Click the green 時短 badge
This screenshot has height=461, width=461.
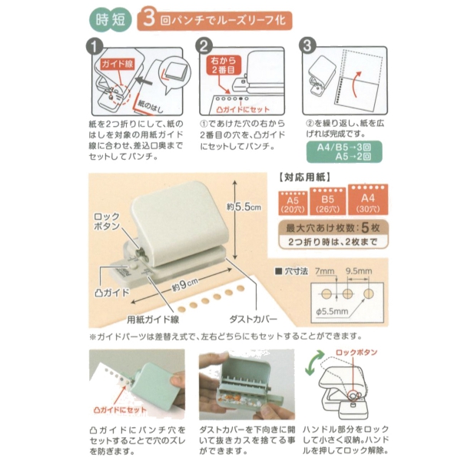(110, 20)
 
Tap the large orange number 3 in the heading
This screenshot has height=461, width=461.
(149, 18)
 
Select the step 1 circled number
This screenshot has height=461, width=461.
(95, 47)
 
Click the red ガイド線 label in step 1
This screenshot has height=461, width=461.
(118, 64)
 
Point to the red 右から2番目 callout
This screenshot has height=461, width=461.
(224, 65)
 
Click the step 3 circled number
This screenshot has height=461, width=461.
(307, 46)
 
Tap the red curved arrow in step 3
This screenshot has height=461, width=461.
(355, 85)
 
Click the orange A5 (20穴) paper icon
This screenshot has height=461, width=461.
(293, 203)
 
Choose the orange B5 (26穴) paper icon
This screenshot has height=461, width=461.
(327, 201)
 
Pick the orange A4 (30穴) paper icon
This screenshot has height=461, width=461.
(368, 200)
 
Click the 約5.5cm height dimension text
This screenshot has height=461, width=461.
(244, 207)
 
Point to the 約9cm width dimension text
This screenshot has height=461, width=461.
(185, 284)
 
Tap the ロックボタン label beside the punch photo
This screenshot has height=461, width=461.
(107, 221)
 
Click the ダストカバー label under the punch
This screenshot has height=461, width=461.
(254, 319)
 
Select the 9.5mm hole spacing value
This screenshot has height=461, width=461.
(359, 270)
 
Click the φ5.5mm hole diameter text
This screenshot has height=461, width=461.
(332, 311)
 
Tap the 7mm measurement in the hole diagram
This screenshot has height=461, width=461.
(324, 270)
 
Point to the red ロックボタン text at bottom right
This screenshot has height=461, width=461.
(357, 352)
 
